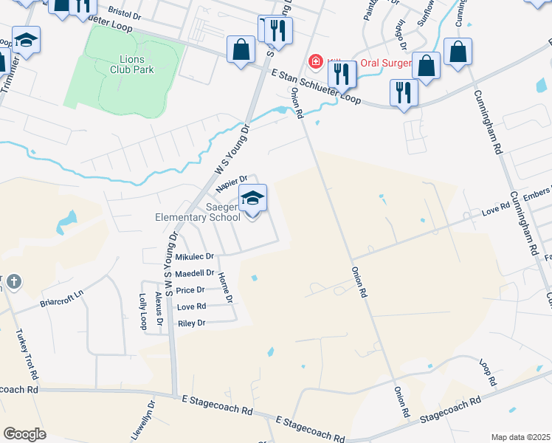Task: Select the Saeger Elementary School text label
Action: [x=198, y=213]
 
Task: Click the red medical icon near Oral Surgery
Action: [x=316, y=61]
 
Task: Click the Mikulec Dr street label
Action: [x=195, y=257]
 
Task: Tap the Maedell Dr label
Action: [x=194, y=273]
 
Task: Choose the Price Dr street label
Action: [x=190, y=290]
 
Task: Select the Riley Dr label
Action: [x=190, y=323]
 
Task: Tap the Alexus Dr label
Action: [x=159, y=310]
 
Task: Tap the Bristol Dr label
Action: [x=124, y=12]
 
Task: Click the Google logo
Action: [x=25, y=434]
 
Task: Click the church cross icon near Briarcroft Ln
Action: [x=13, y=281]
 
